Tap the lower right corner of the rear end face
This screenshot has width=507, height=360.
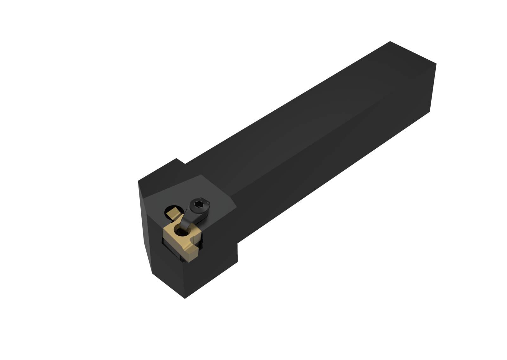click(430, 111)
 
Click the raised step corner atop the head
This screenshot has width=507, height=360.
click(176, 158)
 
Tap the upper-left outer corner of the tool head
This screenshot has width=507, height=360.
click(138, 181)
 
